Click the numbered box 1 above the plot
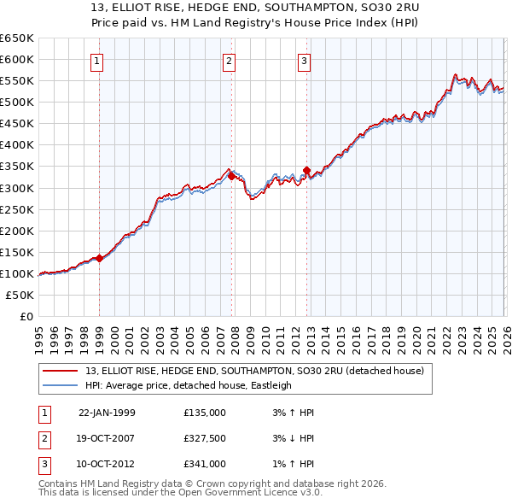[97, 61]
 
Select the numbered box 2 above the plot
[230, 61]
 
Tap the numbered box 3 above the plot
[304, 61]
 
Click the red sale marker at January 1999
[99, 258]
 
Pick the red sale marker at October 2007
[231, 176]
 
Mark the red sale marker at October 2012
[306, 170]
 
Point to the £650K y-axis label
[17, 38]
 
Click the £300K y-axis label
[17, 188]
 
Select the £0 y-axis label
[26, 316]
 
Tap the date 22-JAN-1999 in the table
[107, 413]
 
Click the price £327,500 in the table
[205, 438]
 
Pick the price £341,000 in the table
[205, 464]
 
